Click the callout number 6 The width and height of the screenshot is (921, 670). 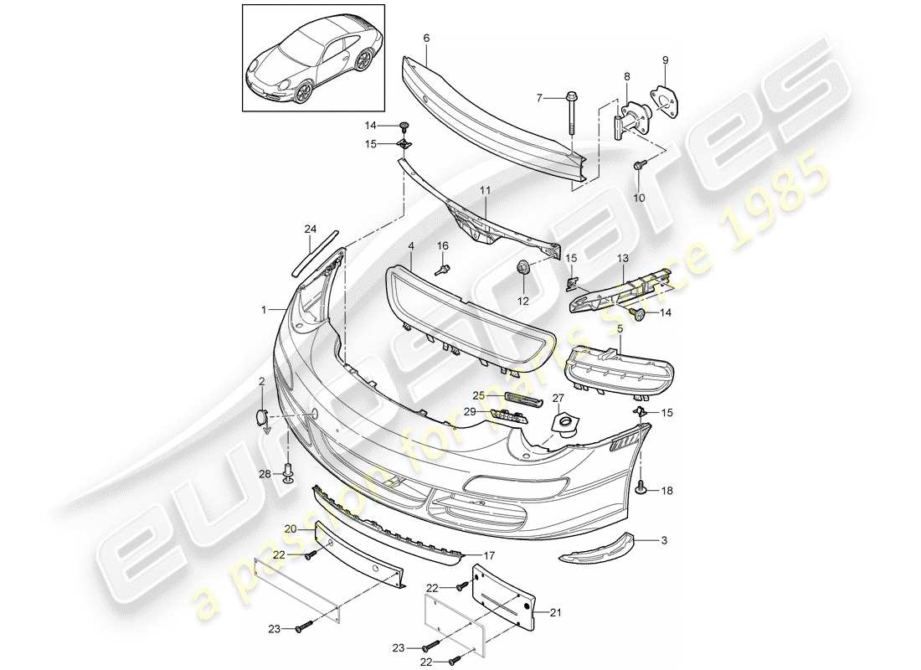[x=427, y=39]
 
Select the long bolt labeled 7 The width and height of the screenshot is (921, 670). [x=573, y=112]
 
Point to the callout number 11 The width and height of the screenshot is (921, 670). [x=485, y=192]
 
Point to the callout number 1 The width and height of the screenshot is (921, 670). [x=264, y=309]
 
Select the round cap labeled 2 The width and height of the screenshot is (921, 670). [x=260, y=415]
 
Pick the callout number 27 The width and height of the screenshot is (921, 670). [x=558, y=398]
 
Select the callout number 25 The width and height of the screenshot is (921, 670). [x=477, y=394]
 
